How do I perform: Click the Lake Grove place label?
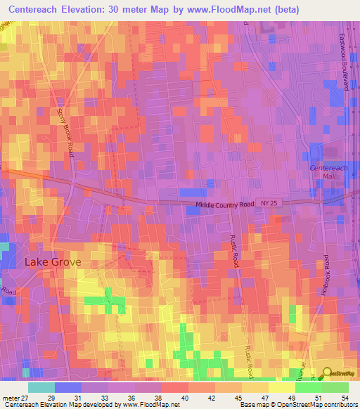pyautogui.click(x=53, y=261)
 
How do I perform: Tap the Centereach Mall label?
pyautogui.click(x=329, y=172)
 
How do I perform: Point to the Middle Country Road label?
pyautogui.click(x=224, y=205)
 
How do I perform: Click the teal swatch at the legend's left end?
pyautogui.click(x=41, y=387)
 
